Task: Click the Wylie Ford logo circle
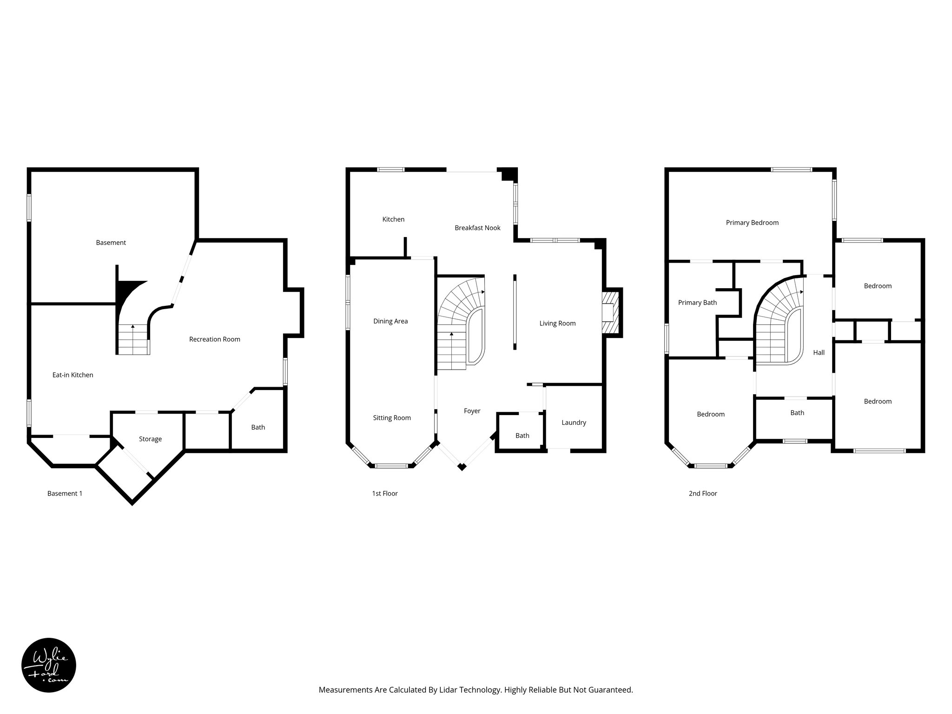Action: pyautogui.click(x=49, y=665)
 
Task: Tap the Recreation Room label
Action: pyautogui.click(x=214, y=339)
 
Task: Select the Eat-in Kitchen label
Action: pyautogui.click(x=73, y=375)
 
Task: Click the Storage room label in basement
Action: pyautogui.click(x=150, y=439)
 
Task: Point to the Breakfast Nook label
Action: pyautogui.click(x=477, y=228)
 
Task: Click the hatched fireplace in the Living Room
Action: pyautogui.click(x=611, y=312)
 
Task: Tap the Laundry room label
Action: pyautogui.click(x=574, y=423)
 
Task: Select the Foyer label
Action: pyautogui.click(x=472, y=411)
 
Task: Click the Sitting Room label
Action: pyautogui.click(x=392, y=418)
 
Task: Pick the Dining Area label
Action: pyautogui.click(x=390, y=321)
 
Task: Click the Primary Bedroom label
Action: pyautogui.click(x=752, y=223)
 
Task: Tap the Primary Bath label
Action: pyautogui.click(x=697, y=303)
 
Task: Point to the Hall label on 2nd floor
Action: pyautogui.click(x=819, y=353)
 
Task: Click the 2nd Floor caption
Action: pyautogui.click(x=703, y=494)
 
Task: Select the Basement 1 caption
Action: pyautogui.click(x=65, y=494)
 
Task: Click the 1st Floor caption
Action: pyautogui.click(x=384, y=494)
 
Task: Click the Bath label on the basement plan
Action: pyautogui.click(x=258, y=427)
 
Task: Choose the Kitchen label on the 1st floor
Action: pyautogui.click(x=393, y=219)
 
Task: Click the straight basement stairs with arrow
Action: pyautogui.click(x=133, y=339)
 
